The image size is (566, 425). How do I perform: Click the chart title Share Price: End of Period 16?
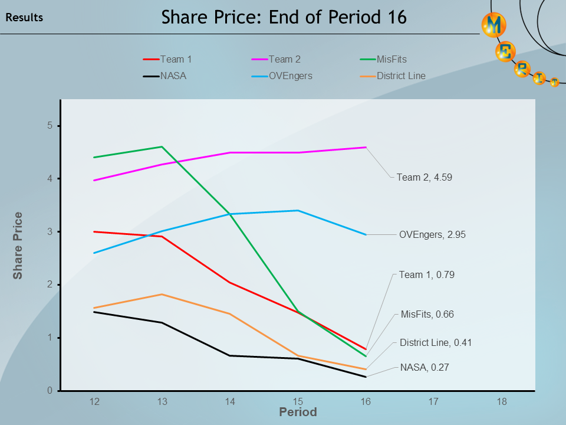click(x=284, y=17)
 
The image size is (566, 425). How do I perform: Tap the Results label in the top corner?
click(x=24, y=18)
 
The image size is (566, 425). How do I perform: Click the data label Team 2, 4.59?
click(x=424, y=176)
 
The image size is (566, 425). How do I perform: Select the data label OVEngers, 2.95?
click(x=432, y=234)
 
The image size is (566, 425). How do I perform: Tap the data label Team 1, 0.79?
click(x=426, y=274)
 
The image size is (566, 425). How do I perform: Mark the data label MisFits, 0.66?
click(x=427, y=314)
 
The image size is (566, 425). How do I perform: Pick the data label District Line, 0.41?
click(x=435, y=342)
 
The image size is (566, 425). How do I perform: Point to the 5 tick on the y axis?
click(x=51, y=126)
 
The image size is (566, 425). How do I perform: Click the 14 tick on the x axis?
click(x=230, y=401)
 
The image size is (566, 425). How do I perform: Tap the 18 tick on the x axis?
click(x=501, y=401)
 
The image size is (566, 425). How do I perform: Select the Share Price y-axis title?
click(x=18, y=245)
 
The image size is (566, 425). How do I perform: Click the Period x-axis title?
click(x=298, y=412)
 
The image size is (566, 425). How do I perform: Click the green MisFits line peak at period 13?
click(x=162, y=147)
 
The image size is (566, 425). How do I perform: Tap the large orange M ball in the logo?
click(x=494, y=25)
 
